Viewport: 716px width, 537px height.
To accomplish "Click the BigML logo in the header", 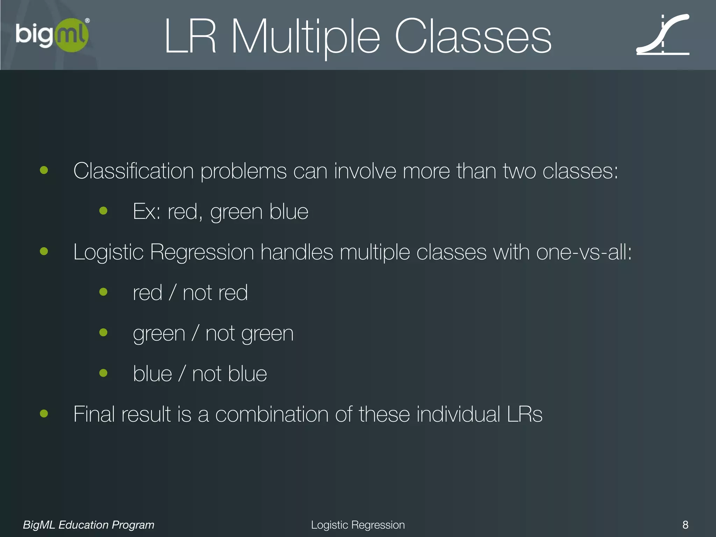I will tap(52, 35).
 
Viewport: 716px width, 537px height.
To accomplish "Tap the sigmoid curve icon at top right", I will tap(663, 35).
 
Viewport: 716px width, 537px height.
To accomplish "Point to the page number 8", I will tap(685, 525).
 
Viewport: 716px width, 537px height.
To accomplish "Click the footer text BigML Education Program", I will tap(88, 525).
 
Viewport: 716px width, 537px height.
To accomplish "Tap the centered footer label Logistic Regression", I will tap(358, 525).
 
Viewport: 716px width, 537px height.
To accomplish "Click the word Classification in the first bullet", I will tap(133, 171).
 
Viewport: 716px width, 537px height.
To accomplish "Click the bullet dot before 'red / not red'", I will tap(103, 292).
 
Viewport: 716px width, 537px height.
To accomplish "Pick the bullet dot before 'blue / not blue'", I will tap(103, 373).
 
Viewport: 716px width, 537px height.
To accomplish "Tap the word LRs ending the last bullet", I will tap(524, 414).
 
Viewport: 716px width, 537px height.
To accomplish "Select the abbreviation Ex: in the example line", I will tap(146, 212).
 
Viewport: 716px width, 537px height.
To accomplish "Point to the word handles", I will tap(296, 252).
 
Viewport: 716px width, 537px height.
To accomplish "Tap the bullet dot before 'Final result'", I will tap(44, 414).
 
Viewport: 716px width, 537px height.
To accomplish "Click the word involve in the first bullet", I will tap(365, 171).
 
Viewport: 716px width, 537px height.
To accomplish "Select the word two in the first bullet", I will tap(519, 171).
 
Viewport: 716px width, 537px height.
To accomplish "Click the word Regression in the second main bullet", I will tap(202, 252).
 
